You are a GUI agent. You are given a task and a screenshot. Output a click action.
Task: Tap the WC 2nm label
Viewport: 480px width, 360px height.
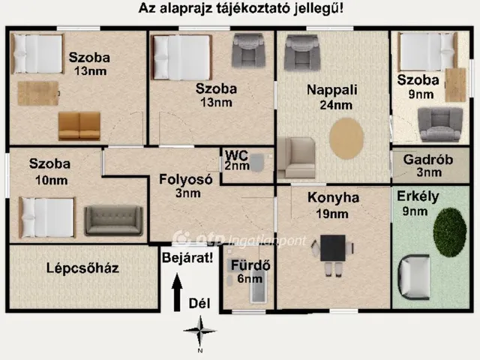(236, 160)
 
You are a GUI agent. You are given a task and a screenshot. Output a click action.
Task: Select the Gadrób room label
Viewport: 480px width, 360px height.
(427, 160)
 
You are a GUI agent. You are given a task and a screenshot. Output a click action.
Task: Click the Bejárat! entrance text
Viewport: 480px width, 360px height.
(187, 257)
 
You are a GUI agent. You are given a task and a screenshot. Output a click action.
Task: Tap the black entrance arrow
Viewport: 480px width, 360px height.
(177, 293)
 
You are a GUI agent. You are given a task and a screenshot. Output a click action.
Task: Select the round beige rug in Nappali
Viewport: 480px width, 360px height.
(347, 139)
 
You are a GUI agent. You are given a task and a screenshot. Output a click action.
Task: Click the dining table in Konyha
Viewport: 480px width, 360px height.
(333, 248)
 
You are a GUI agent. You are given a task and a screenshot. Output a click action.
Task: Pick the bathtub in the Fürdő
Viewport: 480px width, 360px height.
(258, 289)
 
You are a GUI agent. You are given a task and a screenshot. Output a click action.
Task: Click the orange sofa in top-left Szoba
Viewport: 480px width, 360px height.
(79, 126)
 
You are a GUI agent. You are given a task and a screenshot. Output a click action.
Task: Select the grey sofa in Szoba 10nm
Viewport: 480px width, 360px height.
(113, 220)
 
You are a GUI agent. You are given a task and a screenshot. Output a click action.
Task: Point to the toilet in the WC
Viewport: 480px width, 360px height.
(257, 163)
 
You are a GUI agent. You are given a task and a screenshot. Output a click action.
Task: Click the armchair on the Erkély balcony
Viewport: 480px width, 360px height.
(415, 277)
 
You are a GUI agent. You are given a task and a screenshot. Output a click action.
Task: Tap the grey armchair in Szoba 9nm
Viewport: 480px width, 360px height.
(440, 124)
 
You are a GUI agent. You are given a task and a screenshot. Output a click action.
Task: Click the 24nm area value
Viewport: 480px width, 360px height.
(335, 105)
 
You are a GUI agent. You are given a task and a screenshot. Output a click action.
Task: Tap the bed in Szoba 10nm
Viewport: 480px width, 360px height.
(47, 217)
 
